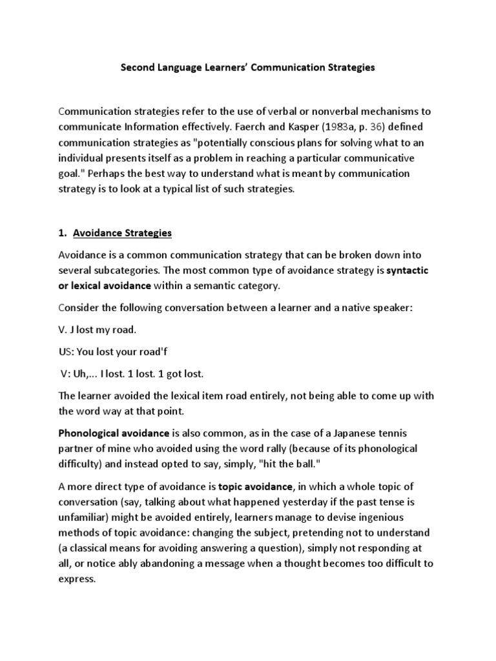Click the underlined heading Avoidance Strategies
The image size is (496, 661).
click(x=123, y=232)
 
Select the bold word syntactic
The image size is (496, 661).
click(x=411, y=269)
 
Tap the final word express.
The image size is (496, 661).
click(x=77, y=580)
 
